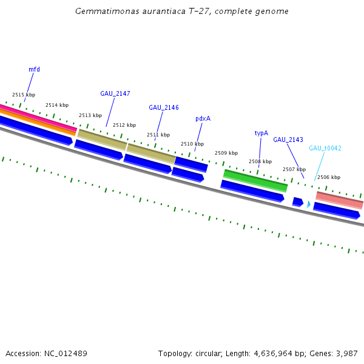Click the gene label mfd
click(x=34, y=69)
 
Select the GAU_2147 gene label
click(x=115, y=93)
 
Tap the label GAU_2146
click(x=163, y=107)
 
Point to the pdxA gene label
click(x=203, y=118)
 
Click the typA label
click(x=261, y=133)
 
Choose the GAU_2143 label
click(x=288, y=140)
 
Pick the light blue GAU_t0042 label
click(x=325, y=148)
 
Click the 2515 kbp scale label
click(x=24, y=95)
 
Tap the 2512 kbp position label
click(x=124, y=125)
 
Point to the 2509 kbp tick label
click(x=226, y=153)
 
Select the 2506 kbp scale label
click(x=328, y=177)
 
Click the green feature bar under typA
click(x=255, y=180)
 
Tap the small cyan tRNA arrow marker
click(x=308, y=205)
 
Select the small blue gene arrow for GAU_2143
click(x=297, y=201)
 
